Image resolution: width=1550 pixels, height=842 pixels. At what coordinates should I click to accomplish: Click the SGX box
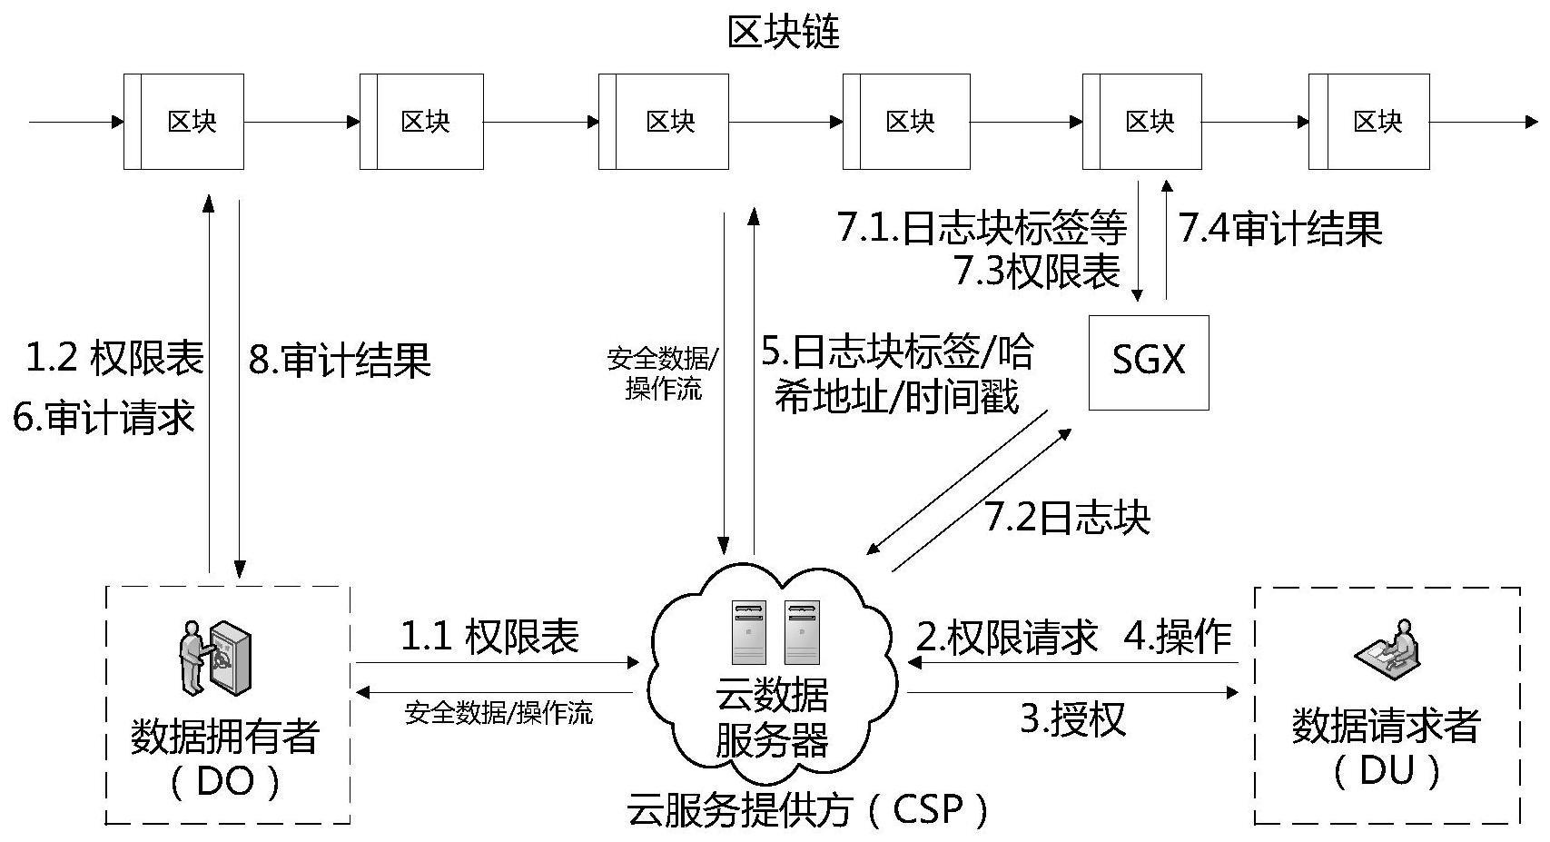coord(1149,362)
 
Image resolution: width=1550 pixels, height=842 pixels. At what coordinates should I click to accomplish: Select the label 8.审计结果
coord(340,361)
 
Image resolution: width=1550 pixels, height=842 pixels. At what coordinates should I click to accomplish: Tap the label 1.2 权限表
coord(114,358)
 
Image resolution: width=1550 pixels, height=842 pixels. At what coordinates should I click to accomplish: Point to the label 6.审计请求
coord(104,418)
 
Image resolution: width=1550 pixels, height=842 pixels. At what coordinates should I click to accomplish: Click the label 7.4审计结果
coord(1280,228)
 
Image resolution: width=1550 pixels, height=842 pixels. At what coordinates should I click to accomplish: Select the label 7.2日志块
coord(1067,517)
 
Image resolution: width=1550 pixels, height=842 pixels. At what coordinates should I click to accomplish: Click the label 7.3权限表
coord(1037,271)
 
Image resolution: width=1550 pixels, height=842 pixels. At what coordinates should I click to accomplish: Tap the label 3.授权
coord(1073,718)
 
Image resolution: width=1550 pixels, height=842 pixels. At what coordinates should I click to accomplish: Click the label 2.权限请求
coord(1006,637)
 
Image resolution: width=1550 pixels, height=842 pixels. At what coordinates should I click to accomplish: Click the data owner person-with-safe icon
coord(213,659)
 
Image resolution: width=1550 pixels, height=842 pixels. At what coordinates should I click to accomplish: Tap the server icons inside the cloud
coord(776,632)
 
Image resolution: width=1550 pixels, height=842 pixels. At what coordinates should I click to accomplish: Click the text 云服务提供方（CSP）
coord(807,809)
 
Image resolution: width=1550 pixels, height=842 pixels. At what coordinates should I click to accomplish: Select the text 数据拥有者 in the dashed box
coord(225,736)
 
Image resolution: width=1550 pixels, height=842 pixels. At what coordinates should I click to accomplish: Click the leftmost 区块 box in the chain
coord(184,122)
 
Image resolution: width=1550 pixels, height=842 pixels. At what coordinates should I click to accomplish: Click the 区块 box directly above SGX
coord(1142,122)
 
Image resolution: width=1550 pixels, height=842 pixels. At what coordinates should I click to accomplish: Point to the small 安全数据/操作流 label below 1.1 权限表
coord(499,714)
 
